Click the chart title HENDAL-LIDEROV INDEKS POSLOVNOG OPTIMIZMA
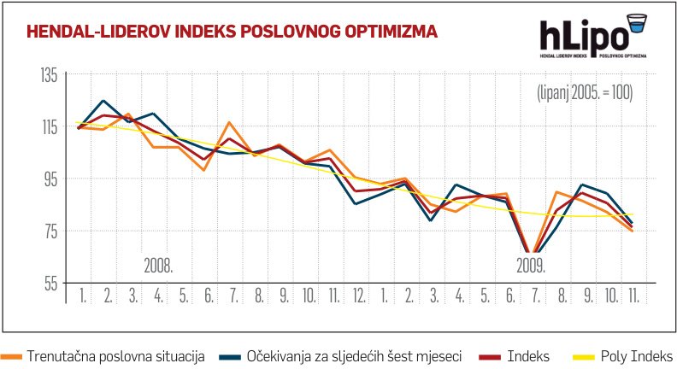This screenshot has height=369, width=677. coord(233,32)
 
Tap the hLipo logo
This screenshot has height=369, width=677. coord(591,39)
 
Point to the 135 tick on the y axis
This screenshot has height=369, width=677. coord(48,75)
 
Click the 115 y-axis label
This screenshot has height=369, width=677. coord(48,127)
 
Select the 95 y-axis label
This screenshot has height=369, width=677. coord(49,179)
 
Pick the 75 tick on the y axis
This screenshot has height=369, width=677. coord(49,231)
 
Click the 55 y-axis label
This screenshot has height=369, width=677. coord(49,283)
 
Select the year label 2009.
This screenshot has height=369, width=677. coord(532,265)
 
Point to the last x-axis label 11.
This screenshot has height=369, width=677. coord(634,296)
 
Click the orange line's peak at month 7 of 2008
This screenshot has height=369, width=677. coord(228,123)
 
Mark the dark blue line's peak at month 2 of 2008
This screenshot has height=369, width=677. coord(103,101)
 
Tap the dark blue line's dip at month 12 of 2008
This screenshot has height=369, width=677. coord(355,204)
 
